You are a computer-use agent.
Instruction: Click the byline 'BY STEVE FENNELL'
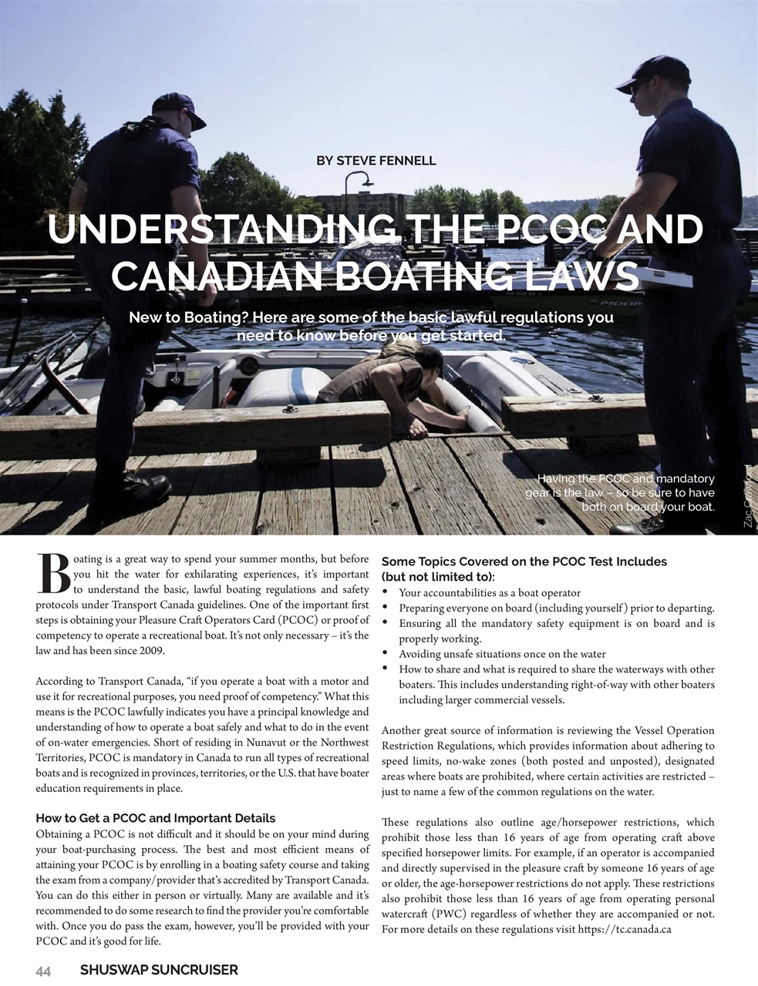coord(376,161)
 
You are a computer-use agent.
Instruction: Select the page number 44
coord(43,971)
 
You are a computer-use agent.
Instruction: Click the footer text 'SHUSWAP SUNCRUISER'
coord(159,971)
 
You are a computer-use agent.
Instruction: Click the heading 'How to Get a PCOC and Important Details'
coord(155,818)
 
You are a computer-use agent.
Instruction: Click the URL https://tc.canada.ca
coord(625,929)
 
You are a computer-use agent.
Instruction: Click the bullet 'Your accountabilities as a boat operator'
coord(490,592)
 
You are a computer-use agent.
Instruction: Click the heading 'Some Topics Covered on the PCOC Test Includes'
coord(524,562)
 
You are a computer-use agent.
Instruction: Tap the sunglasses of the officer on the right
coord(642,87)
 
